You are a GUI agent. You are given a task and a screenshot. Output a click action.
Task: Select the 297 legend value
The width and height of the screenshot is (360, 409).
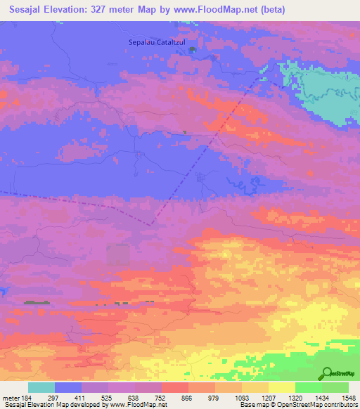tap(54, 398)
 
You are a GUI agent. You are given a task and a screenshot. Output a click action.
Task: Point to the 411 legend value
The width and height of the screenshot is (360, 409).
tap(81, 398)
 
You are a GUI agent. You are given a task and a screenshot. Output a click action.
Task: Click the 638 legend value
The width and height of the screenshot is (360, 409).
tap(134, 398)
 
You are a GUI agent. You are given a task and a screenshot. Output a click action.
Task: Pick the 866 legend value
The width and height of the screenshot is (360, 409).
tap(188, 398)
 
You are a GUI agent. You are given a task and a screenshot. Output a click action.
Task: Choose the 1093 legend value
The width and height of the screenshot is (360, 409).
tap(241, 398)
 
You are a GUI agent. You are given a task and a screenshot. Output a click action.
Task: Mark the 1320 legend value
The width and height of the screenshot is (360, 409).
tap(295, 398)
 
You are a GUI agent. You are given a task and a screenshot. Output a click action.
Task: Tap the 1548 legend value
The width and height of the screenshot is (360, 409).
tap(348, 398)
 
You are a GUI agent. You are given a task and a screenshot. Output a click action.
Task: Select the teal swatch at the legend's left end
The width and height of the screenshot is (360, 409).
tap(41, 387)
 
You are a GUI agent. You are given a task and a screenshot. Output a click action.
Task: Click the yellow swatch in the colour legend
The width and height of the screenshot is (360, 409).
tap(281, 387)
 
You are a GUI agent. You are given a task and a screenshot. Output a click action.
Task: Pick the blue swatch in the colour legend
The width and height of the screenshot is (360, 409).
tap(68, 387)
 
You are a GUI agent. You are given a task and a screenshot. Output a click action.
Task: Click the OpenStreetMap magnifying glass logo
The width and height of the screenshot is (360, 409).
tap(327, 372)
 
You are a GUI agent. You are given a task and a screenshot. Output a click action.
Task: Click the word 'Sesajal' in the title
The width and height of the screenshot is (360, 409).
tap(30, 10)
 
